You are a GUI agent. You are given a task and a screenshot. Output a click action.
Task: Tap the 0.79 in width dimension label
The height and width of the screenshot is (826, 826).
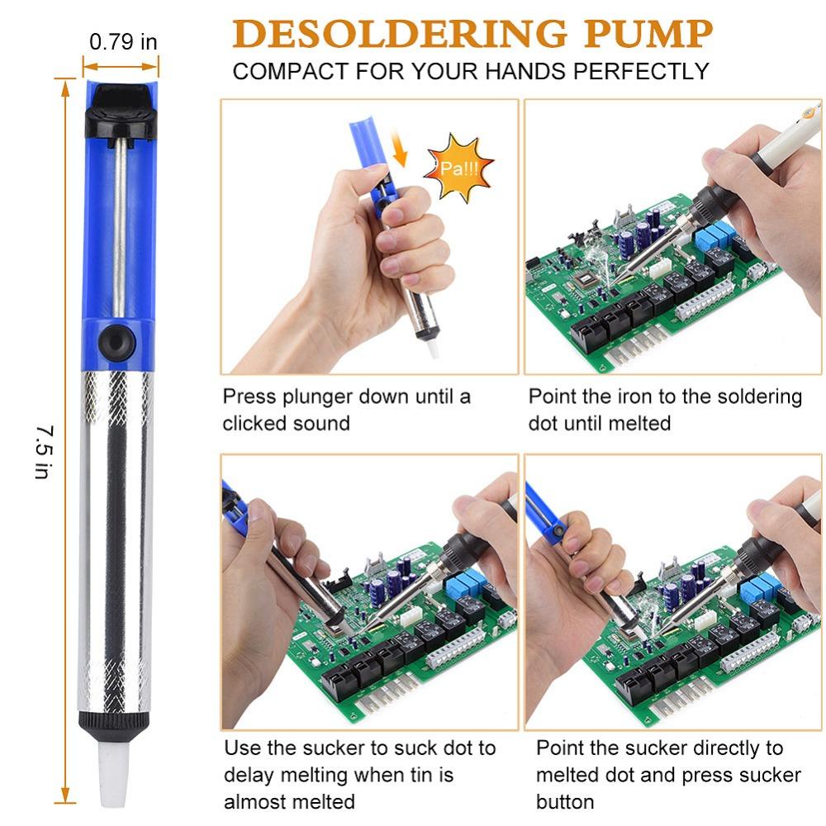(x=123, y=41)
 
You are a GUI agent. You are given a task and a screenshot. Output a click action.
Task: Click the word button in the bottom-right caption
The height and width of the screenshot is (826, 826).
(x=565, y=802)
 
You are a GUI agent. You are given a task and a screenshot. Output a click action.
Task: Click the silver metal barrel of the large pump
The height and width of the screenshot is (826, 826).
(x=116, y=537)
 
